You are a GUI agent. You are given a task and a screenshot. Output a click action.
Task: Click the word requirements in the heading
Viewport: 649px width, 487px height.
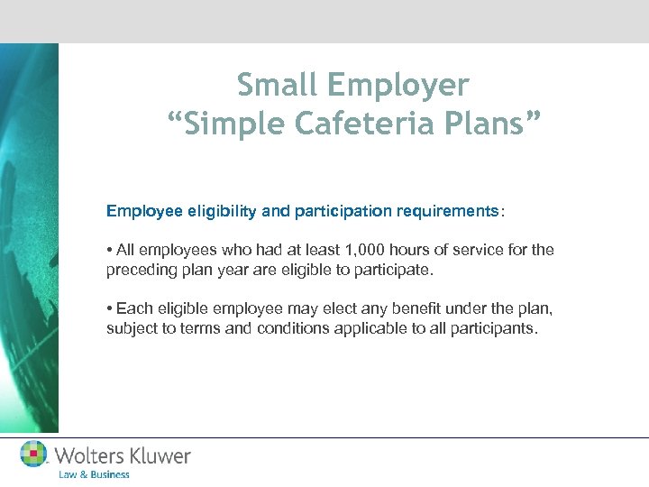(449, 211)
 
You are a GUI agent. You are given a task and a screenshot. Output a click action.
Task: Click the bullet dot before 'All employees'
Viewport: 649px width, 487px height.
(109, 250)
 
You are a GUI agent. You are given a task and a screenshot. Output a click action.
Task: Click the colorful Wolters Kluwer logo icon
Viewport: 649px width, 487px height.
(34, 454)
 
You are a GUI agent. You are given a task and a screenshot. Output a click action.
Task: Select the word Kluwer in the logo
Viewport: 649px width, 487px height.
(157, 455)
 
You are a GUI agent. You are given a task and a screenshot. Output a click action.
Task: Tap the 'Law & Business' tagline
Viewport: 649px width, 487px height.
(94, 474)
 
